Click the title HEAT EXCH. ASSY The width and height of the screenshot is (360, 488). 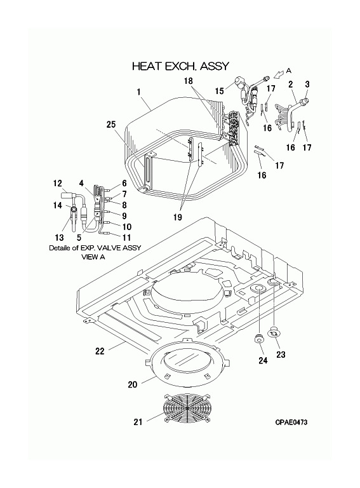click(180, 66)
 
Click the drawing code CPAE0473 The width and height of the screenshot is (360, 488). click(291, 422)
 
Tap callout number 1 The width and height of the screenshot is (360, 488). click(138, 91)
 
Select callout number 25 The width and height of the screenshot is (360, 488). click(111, 125)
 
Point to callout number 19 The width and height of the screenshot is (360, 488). click(178, 217)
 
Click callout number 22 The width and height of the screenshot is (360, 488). click(100, 351)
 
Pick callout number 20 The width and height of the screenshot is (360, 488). click(133, 384)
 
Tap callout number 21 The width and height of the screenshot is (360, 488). click(138, 422)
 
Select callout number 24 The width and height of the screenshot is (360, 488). click(263, 360)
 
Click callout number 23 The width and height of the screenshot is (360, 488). click(281, 355)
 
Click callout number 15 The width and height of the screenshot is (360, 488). click(220, 91)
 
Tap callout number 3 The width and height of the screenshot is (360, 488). click(307, 84)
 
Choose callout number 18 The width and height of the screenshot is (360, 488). click(189, 81)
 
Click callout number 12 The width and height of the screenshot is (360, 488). click(58, 183)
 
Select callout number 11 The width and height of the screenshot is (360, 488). click(127, 238)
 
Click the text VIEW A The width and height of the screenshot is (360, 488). click(93, 257)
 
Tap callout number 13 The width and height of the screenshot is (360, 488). click(59, 238)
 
